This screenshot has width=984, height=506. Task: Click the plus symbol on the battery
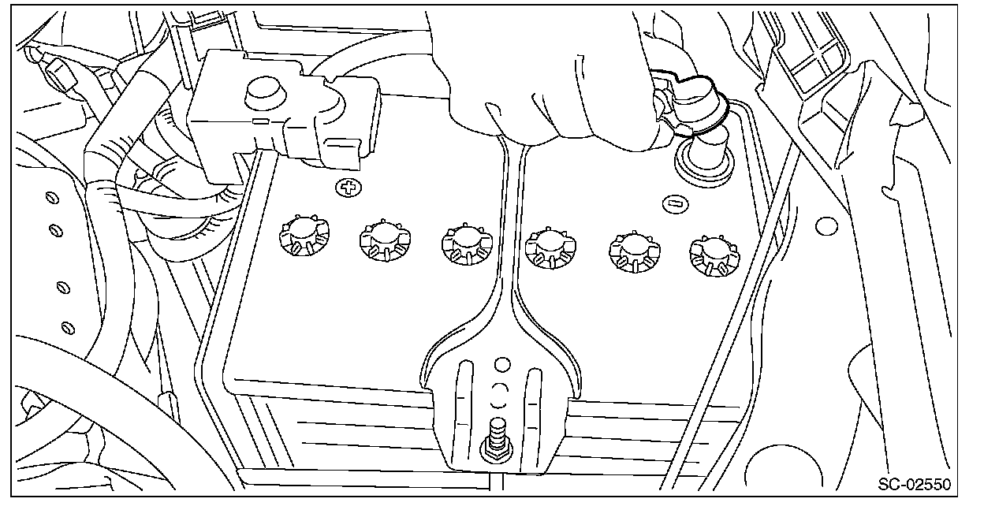pyautogui.click(x=346, y=188)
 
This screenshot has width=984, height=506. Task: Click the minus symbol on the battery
pyautogui.click(x=673, y=203)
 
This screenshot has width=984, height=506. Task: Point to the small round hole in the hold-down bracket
pyautogui.click(x=499, y=364)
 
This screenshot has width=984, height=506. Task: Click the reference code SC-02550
pyautogui.click(x=915, y=483)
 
